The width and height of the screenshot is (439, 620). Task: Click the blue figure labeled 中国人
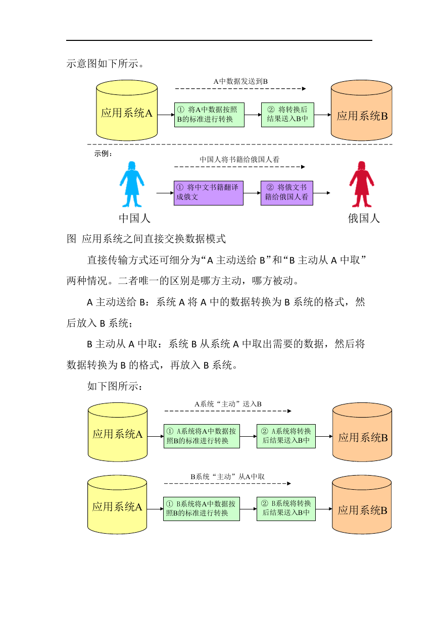tap(132, 184)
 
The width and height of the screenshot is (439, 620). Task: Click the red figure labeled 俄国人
tap(361, 184)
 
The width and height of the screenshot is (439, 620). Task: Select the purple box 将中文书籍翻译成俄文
tap(209, 193)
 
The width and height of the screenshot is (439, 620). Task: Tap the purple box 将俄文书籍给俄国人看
tap(287, 193)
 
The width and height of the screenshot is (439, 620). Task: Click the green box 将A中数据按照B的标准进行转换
tap(209, 115)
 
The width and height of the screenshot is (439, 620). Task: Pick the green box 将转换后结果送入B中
tap(287, 115)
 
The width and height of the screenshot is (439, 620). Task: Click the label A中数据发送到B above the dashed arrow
tap(240, 81)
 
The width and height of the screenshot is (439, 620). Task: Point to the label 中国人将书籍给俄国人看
tap(239, 160)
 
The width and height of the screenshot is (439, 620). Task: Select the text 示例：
tap(104, 153)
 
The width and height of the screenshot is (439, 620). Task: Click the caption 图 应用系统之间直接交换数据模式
tap(146, 239)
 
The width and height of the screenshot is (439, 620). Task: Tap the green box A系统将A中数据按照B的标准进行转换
tap(202, 436)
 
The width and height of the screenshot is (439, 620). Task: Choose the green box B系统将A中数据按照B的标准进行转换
tap(202, 509)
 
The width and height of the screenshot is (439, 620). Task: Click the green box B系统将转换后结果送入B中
tap(286, 509)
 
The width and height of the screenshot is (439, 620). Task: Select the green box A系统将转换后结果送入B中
tap(286, 436)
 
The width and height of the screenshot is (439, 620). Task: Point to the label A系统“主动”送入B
tap(228, 404)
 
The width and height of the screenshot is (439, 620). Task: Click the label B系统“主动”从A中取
tap(227, 477)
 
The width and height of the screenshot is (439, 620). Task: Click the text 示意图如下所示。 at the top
tap(105, 64)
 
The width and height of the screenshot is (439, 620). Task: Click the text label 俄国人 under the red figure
tap(364, 219)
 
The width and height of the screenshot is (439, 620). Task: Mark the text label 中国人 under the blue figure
tap(134, 219)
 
